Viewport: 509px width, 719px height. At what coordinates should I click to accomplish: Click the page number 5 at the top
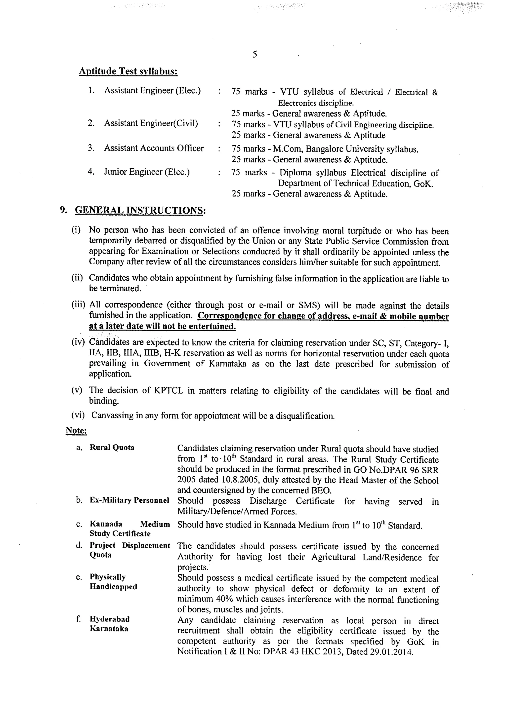[x=254, y=54]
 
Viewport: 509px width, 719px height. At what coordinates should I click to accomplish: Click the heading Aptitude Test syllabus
[x=128, y=71]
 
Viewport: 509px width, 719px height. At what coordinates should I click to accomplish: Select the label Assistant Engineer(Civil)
[x=151, y=123]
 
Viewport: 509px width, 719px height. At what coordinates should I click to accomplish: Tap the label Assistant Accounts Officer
[x=154, y=148]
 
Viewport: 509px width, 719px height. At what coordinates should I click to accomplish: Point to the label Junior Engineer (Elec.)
[x=147, y=172]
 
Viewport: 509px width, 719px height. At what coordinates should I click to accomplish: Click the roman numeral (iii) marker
[x=78, y=305]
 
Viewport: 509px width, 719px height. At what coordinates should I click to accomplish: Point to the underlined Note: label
[x=76, y=431]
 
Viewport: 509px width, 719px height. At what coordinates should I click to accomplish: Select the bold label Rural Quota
[x=112, y=448]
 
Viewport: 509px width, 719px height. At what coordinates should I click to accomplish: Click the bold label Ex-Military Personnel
[x=129, y=500]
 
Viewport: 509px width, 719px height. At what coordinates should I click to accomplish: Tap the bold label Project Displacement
[x=129, y=545]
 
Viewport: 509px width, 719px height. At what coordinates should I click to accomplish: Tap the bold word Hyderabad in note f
[x=109, y=619]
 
